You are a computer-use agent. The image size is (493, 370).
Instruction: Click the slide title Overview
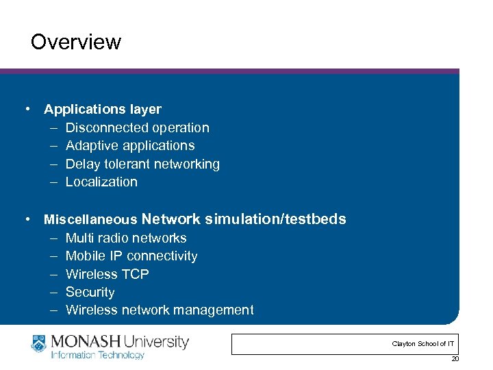click(x=76, y=42)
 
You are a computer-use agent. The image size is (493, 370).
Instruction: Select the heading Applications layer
click(x=103, y=109)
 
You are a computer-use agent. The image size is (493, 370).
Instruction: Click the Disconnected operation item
click(x=137, y=127)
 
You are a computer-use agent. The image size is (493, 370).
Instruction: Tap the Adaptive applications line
click(x=129, y=145)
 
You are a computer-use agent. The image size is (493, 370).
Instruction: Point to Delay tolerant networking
click(x=142, y=164)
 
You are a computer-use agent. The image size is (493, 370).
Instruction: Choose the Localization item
click(x=101, y=182)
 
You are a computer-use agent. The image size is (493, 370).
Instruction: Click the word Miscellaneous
click(x=90, y=220)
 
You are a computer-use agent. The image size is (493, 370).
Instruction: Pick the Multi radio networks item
click(x=126, y=238)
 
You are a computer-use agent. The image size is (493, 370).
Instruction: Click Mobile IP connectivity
click(x=131, y=256)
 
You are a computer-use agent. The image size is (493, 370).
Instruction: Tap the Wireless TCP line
click(x=107, y=274)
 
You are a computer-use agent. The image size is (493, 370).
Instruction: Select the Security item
click(x=90, y=292)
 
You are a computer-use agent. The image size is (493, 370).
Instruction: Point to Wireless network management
click(x=160, y=310)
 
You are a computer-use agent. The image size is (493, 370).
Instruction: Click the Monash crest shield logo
click(x=40, y=343)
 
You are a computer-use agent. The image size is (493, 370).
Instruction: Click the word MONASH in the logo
click(x=86, y=341)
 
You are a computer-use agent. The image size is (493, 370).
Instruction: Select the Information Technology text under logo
click(x=97, y=355)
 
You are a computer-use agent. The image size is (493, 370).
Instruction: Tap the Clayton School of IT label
click(x=422, y=343)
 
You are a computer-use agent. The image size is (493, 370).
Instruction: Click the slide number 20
click(x=455, y=360)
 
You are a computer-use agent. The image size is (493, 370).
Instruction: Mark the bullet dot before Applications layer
click(x=26, y=110)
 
